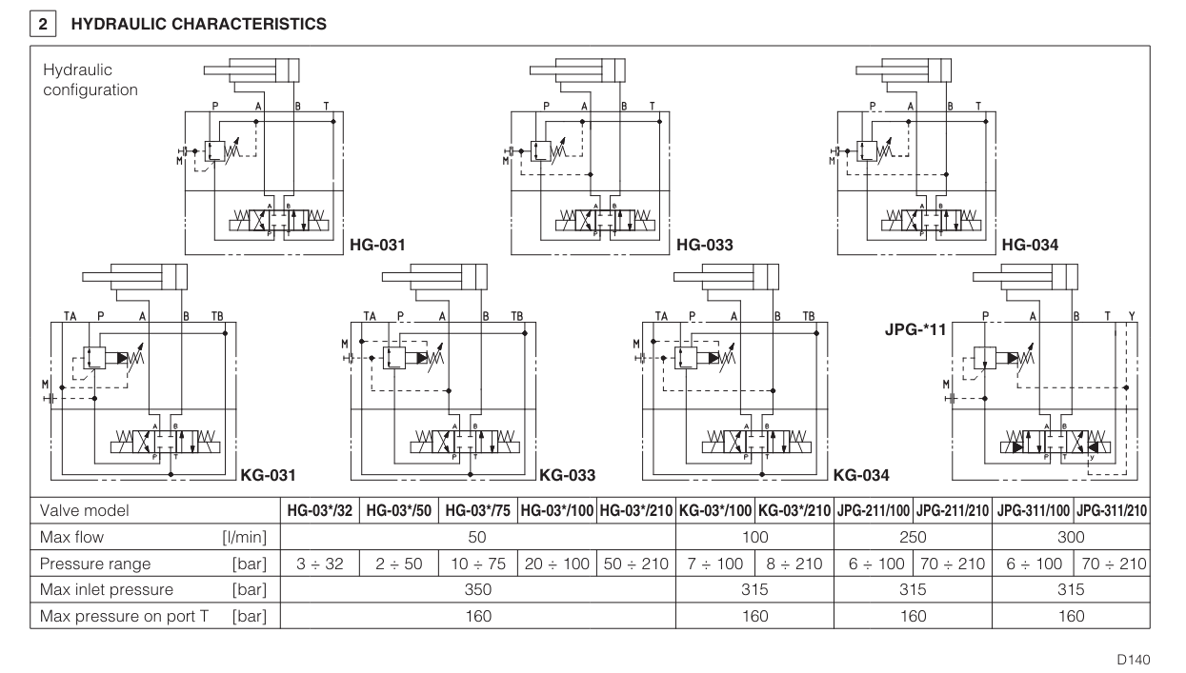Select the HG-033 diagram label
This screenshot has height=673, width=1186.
(x=706, y=246)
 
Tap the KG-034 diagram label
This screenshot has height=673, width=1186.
(x=862, y=474)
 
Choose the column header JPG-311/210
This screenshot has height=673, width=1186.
(x=1113, y=510)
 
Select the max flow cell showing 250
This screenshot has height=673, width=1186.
(x=913, y=537)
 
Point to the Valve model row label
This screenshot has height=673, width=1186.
(x=85, y=510)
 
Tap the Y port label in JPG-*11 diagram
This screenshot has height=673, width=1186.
(x=1132, y=315)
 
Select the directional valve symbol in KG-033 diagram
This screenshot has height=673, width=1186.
(x=454, y=443)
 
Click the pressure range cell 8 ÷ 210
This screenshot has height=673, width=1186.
(x=794, y=564)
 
